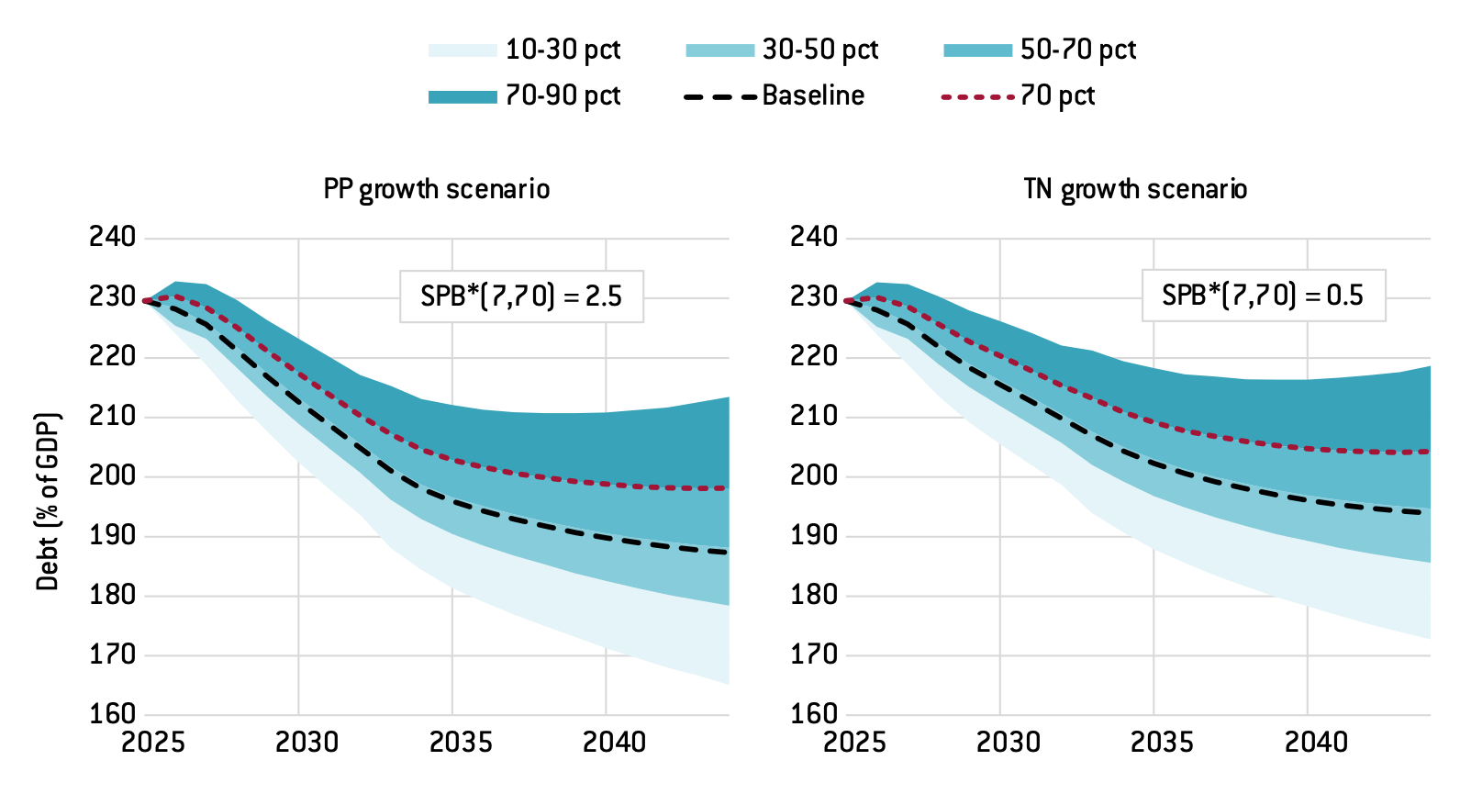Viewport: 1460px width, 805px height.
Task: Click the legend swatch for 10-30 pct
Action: (x=462, y=50)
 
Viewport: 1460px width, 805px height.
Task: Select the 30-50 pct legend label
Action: (x=819, y=50)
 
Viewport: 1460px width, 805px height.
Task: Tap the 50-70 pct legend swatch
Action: (x=977, y=50)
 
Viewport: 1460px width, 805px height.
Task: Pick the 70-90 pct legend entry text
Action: (x=563, y=95)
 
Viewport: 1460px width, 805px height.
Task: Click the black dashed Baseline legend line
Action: (x=720, y=96)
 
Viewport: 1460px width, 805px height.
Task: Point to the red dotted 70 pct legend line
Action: (x=978, y=96)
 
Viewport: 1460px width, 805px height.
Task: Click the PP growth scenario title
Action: (x=437, y=189)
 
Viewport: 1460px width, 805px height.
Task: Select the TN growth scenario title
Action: (x=1135, y=189)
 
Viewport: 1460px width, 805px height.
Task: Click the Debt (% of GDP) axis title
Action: (x=48, y=501)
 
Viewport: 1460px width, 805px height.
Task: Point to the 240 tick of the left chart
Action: (x=112, y=237)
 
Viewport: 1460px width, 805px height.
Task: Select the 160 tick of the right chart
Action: (x=814, y=713)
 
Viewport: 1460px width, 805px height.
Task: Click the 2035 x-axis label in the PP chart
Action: (x=461, y=742)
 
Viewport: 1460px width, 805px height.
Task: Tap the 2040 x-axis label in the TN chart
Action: (x=1316, y=742)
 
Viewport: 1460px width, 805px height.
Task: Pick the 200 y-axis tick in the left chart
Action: (x=112, y=475)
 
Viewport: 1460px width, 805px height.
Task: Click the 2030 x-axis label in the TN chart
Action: (x=1008, y=742)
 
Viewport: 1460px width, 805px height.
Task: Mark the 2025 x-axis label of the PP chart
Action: (x=153, y=742)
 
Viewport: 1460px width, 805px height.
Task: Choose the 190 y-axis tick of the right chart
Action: (x=814, y=535)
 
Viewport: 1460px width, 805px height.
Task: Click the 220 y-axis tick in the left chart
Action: (x=112, y=356)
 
